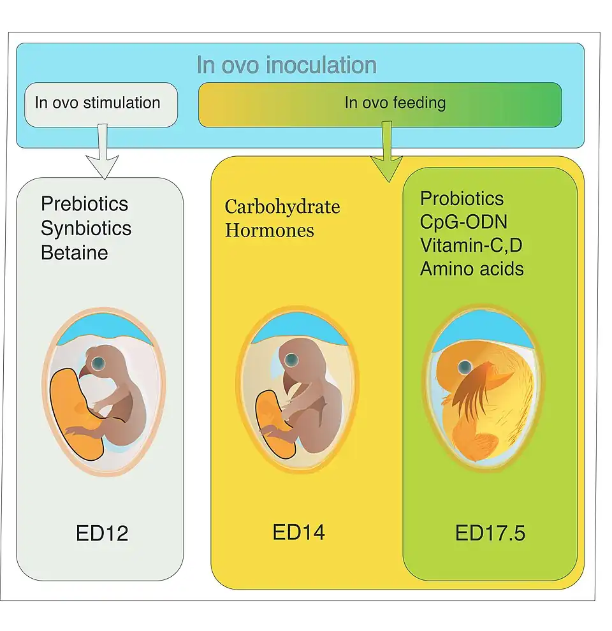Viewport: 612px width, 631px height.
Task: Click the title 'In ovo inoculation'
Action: [x=286, y=65]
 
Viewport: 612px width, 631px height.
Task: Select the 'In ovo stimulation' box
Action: [x=98, y=103]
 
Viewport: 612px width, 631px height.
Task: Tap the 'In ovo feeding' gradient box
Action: [x=380, y=104]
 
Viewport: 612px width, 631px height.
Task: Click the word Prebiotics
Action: [x=85, y=204]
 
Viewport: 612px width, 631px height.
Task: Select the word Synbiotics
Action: [x=86, y=228]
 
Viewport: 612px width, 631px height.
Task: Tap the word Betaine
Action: [x=75, y=252]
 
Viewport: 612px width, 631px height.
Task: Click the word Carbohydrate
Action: [x=282, y=207]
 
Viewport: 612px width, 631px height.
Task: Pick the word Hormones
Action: [x=270, y=229]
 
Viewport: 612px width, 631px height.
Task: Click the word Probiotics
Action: [x=462, y=198]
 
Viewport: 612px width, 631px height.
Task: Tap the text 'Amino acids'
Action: [x=472, y=268]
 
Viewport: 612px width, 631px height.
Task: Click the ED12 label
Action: [x=102, y=533]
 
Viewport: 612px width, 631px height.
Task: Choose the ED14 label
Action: [x=299, y=532]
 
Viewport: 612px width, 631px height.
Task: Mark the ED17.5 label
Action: [x=490, y=533]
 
